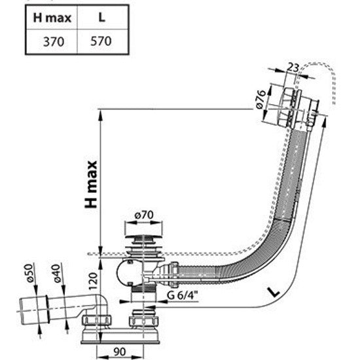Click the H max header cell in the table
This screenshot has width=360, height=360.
(x=52, y=18)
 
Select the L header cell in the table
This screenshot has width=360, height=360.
(x=101, y=17)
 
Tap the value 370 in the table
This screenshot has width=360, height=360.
(x=54, y=42)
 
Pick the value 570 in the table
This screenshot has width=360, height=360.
(x=101, y=41)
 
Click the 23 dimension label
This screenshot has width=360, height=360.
(x=293, y=67)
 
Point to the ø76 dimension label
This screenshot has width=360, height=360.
(x=261, y=99)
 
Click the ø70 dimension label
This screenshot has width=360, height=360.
(x=144, y=215)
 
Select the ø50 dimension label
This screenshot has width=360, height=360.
(x=29, y=273)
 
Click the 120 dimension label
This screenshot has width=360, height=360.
(x=93, y=281)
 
